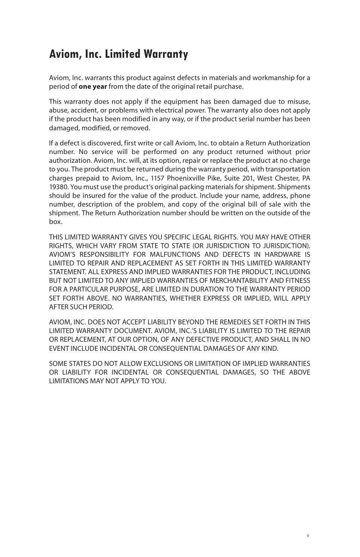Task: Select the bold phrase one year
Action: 92,86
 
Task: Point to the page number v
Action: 308,535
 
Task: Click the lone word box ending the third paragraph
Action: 55,222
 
